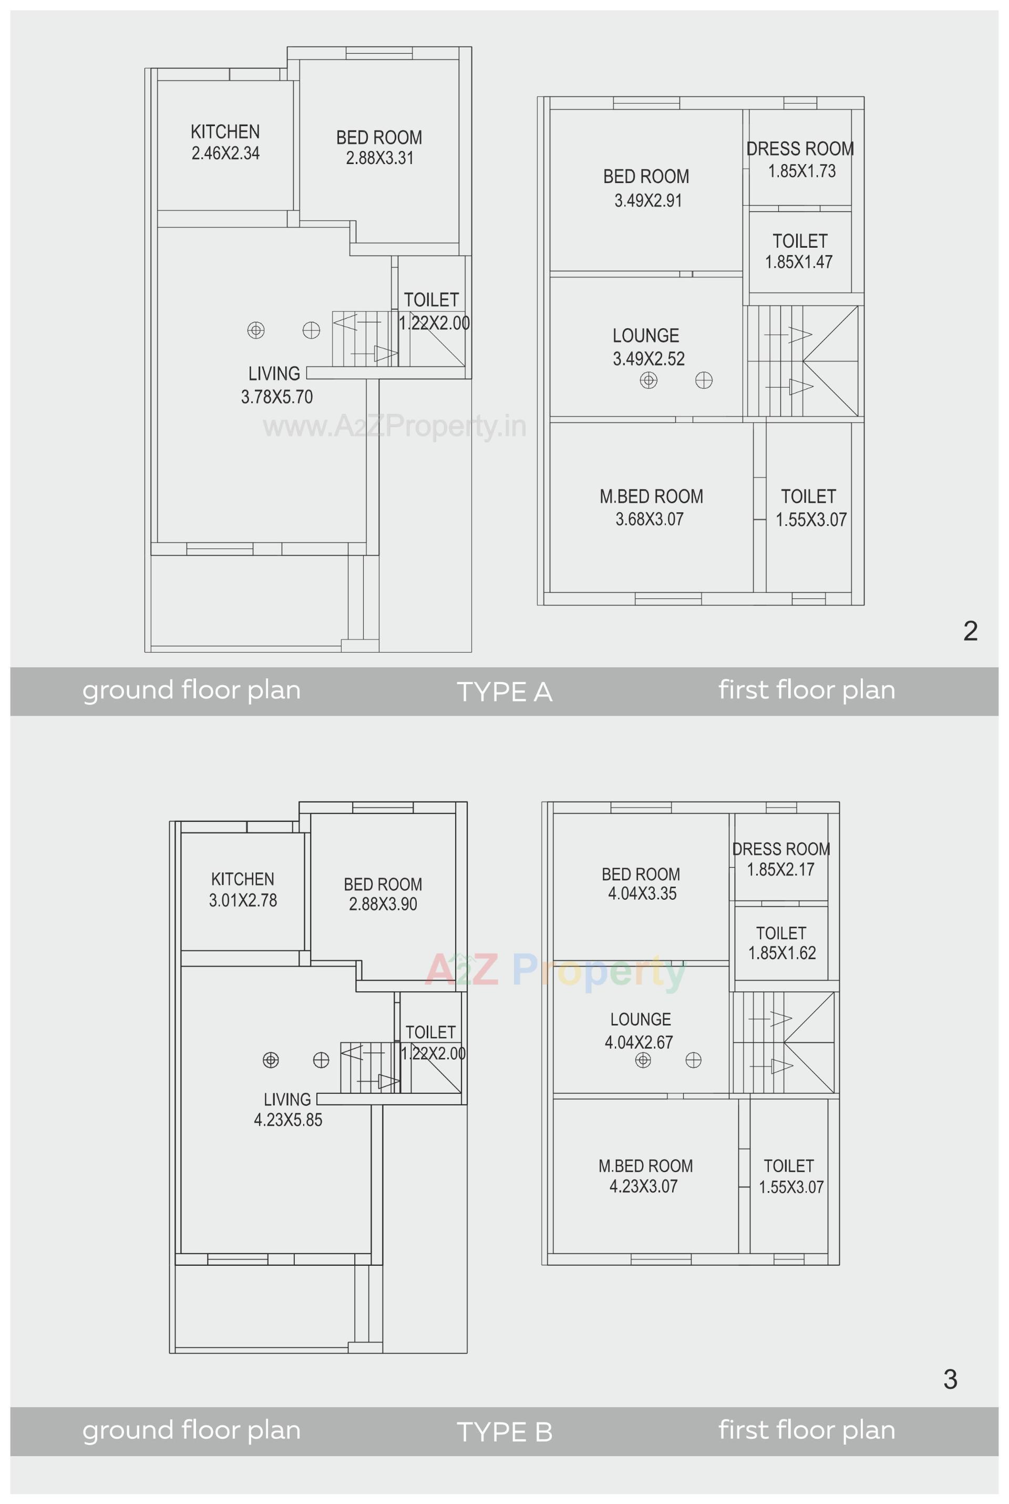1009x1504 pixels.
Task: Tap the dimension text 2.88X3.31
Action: [x=379, y=158]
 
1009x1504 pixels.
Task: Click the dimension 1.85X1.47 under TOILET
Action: [x=799, y=262]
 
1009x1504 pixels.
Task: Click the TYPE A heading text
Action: [x=504, y=692]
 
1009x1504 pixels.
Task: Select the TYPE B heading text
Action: [x=504, y=1432]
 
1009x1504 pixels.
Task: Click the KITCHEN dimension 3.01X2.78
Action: [x=243, y=900]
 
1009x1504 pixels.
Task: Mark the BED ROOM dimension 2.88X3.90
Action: [x=383, y=904]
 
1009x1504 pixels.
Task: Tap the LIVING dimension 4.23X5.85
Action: [x=287, y=1120]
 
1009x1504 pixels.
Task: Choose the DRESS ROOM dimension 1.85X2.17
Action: [x=780, y=870]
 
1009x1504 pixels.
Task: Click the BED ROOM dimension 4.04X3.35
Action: [x=642, y=893]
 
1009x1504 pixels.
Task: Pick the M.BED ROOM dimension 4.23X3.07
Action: [x=643, y=1186]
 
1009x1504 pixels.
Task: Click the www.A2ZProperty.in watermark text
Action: [x=395, y=426]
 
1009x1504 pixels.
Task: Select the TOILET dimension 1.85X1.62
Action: [x=782, y=953]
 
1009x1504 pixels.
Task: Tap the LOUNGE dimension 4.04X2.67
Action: [x=639, y=1042]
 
